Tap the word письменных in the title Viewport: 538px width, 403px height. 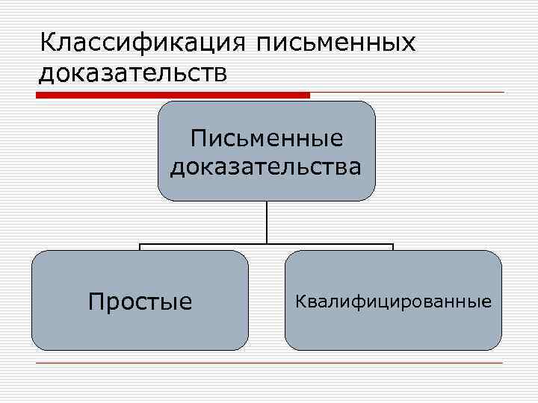336,43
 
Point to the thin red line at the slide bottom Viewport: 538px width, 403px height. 269,363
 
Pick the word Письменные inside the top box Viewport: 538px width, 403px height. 266,137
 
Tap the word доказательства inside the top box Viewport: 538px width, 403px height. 266,166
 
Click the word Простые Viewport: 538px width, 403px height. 140,302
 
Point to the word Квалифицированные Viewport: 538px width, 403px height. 393,302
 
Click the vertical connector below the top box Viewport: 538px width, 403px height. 266,222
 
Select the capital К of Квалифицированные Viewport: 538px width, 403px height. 300,302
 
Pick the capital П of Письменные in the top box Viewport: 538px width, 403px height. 198,137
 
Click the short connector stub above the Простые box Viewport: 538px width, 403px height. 140,247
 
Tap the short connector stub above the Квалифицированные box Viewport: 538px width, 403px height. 393,247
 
